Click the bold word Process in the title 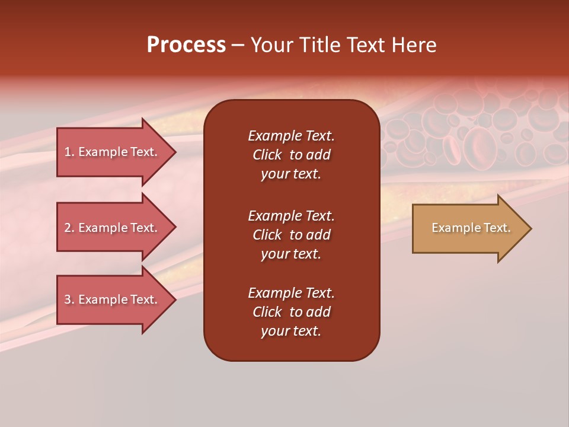(x=186, y=45)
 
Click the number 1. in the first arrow (x=69, y=152)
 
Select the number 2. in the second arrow (x=69, y=228)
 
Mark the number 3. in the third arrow (x=69, y=299)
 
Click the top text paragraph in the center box (x=291, y=155)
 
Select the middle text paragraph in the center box (x=291, y=235)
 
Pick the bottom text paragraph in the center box (x=291, y=312)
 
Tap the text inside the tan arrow (x=471, y=228)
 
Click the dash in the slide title (x=238, y=46)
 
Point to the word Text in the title (x=366, y=45)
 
